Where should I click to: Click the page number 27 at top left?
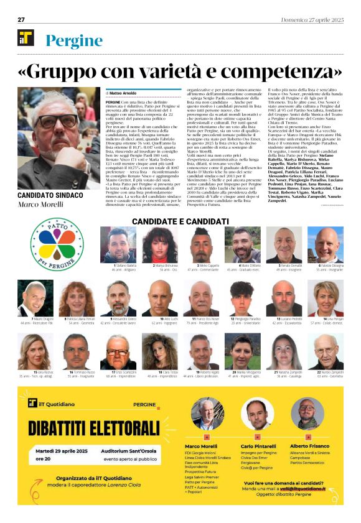tap(21, 20)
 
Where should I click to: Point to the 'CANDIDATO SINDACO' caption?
tap(51, 195)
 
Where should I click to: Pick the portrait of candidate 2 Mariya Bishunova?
tap(161, 244)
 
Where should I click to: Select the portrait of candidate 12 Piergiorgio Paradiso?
tap(245, 298)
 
